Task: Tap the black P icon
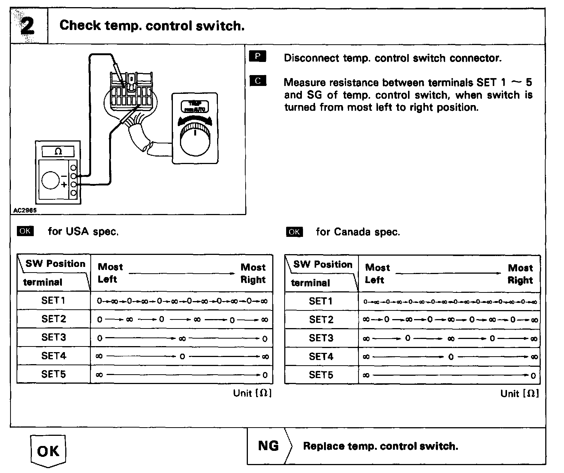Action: point(257,57)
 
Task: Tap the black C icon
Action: point(257,81)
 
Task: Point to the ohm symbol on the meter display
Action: point(58,151)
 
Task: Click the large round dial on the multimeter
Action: point(51,181)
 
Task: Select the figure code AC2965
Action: point(25,211)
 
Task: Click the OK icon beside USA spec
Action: point(25,231)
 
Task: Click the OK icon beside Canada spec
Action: point(294,232)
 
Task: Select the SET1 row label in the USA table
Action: point(53,300)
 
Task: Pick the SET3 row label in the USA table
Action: point(53,337)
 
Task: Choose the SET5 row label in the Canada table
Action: point(321,375)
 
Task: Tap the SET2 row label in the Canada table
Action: point(321,319)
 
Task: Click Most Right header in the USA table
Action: point(253,273)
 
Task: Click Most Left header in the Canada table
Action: point(377,274)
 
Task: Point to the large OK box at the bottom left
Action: point(48,450)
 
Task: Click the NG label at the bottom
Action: point(268,446)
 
